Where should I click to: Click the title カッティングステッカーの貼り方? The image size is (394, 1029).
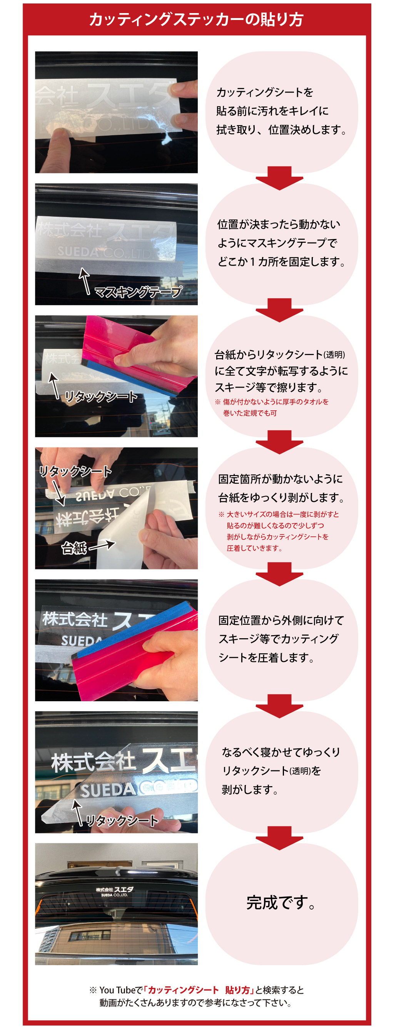pos(196,19)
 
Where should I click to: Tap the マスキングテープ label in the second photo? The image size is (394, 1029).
pos(138,292)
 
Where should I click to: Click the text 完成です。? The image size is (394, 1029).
pos(281,902)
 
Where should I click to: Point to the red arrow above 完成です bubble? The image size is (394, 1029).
pos(280,836)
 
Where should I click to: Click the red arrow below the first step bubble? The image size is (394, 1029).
pos(280,178)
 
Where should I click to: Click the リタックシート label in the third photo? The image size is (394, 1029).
pos(101,396)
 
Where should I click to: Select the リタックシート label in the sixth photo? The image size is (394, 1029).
pos(122,820)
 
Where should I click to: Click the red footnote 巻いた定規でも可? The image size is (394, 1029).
pos(250,413)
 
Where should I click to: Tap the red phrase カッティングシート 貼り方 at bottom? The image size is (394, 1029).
pos(199,990)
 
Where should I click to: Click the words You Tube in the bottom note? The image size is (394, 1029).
pos(117,990)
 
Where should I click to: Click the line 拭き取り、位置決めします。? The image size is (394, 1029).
pos(281,130)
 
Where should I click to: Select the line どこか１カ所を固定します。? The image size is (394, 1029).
pos(281,262)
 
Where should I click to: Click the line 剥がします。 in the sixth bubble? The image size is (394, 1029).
pos(250,789)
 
